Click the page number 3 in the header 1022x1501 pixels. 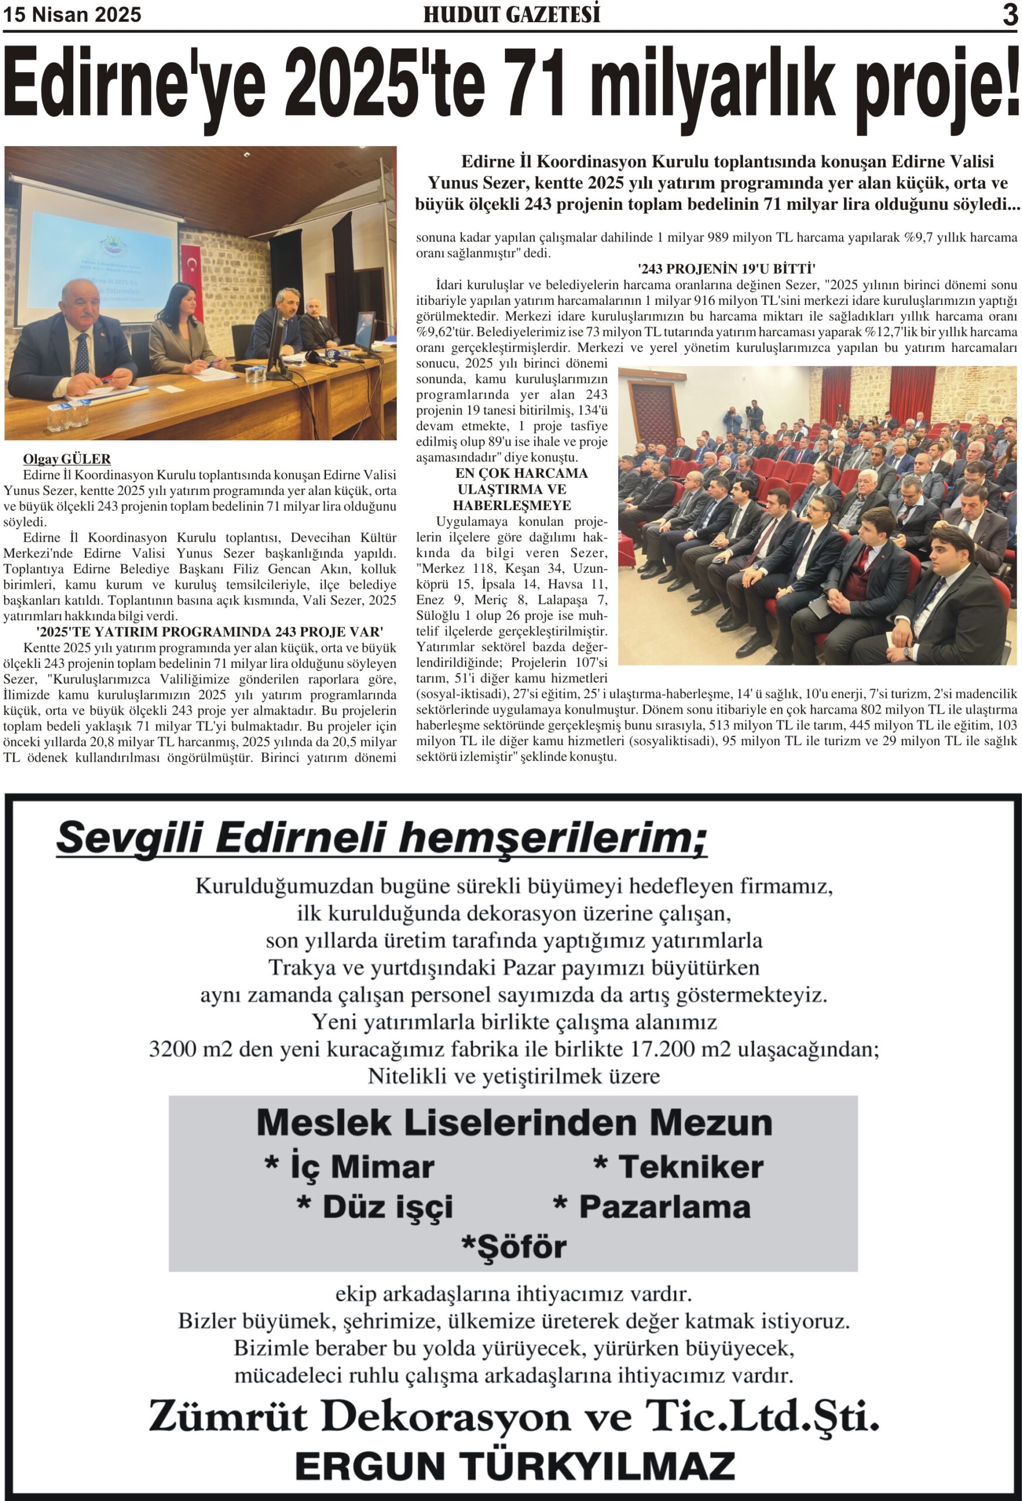point(1010,15)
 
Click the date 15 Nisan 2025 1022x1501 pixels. point(72,14)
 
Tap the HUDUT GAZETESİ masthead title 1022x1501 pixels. point(512,14)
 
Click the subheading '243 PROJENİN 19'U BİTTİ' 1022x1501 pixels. point(717,269)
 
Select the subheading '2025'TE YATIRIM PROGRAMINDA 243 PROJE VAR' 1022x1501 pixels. point(210,631)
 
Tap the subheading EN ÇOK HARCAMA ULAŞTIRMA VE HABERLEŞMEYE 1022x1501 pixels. point(512,489)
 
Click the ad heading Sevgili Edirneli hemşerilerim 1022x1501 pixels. point(381,838)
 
